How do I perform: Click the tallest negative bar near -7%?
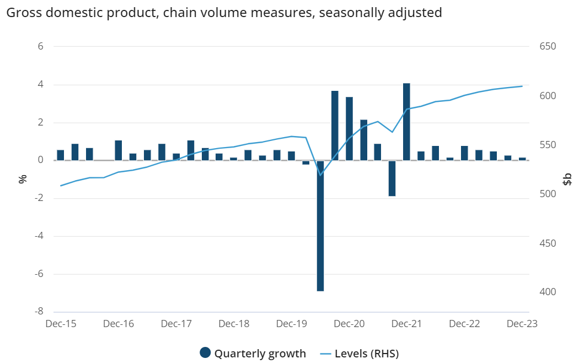320,226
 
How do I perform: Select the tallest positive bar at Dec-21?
406,122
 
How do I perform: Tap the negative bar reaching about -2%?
392,178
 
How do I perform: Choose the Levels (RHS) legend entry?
358,353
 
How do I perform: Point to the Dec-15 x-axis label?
61,324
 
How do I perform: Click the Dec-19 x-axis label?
292,324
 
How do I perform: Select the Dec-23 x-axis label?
522,324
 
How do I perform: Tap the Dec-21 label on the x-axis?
406,324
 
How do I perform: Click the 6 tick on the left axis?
40,47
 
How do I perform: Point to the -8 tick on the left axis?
39,312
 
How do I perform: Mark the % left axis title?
23,178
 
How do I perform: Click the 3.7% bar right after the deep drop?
335,126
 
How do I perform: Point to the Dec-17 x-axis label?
176,324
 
